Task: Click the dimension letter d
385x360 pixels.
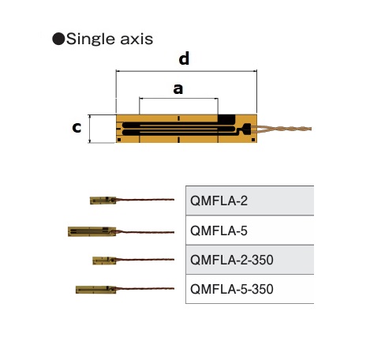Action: [184, 58]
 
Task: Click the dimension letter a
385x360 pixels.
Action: [178, 89]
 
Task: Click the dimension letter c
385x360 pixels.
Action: [77, 127]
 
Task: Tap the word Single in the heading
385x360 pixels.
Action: [91, 39]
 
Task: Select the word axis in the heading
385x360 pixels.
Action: [136, 39]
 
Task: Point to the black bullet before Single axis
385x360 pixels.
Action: [58, 39]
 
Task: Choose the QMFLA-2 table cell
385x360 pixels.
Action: [250, 201]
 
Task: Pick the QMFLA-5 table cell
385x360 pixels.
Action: [250, 231]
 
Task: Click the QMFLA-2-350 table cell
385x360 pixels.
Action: [250, 260]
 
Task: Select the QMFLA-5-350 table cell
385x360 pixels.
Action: [250, 289]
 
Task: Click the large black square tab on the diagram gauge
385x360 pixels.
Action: [226, 120]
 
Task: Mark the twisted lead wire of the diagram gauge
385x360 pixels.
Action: [281, 129]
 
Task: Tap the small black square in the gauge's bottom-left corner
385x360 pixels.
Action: [119, 140]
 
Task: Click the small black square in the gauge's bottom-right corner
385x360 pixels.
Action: [253, 140]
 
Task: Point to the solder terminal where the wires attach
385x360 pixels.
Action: [247, 129]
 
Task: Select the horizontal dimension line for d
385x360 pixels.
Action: [186, 71]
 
